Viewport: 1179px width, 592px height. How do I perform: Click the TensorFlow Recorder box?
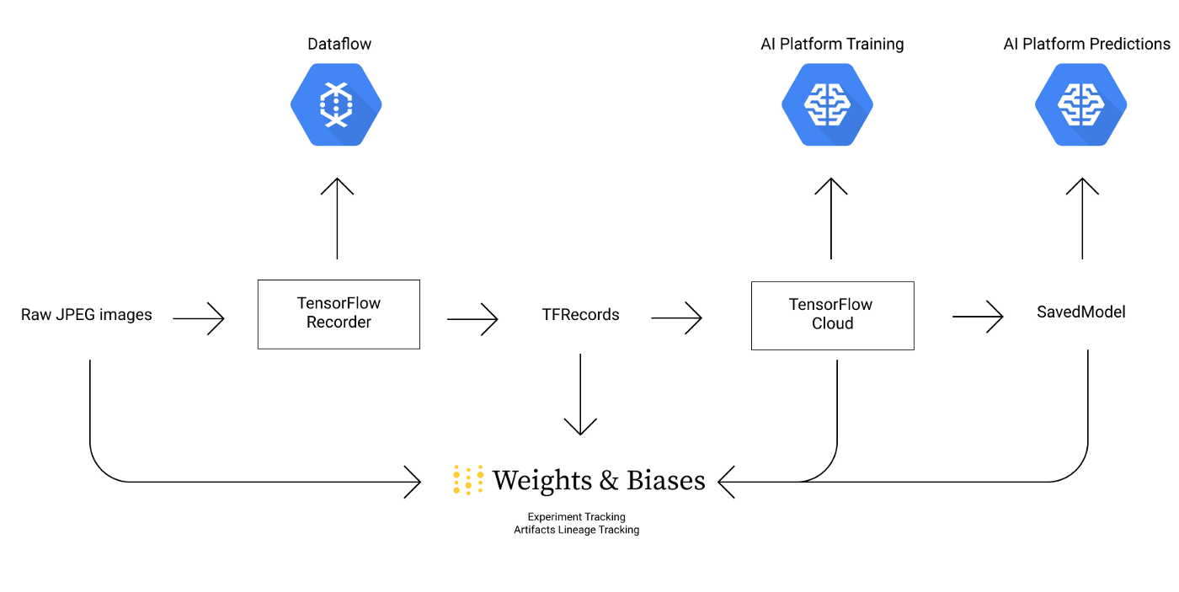point(339,314)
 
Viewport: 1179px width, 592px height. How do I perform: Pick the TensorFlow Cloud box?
point(832,315)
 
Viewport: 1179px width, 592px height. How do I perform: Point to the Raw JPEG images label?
point(87,315)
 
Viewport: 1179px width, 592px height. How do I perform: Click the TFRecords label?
point(580,315)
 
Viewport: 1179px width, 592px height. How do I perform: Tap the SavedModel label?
point(1080,312)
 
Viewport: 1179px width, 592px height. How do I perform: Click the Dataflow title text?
point(339,44)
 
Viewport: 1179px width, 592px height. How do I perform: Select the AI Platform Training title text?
point(832,44)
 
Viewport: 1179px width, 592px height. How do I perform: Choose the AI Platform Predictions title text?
point(1086,44)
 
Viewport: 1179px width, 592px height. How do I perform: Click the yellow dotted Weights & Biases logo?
point(468,479)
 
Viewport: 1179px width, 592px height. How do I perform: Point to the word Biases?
point(665,480)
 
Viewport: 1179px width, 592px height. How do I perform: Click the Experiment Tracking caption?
point(576,516)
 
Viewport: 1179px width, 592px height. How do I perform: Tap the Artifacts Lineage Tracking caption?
point(576,530)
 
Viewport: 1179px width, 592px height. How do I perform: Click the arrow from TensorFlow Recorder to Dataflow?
point(337,219)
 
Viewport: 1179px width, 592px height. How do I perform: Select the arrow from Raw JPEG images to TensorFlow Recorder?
point(199,318)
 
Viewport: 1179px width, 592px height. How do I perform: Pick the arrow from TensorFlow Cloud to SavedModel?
point(978,317)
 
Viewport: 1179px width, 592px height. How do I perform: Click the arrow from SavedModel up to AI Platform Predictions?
point(1082,219)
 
